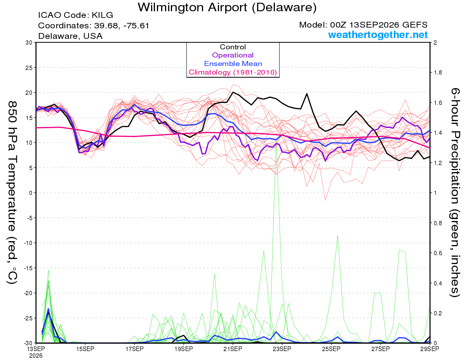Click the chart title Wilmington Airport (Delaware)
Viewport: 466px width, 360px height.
(227, 7)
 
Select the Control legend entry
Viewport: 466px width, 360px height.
(233, 47)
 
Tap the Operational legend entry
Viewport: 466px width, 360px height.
(233, 55)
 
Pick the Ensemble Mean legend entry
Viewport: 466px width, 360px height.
(233, 64)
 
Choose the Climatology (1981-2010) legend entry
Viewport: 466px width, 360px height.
(233, 72)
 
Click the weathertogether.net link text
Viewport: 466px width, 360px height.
(378, 35)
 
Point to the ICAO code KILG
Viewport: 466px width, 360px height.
(102, 15)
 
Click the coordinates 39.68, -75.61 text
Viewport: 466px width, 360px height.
(122, 26)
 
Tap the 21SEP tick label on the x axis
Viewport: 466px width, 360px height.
(233, 349)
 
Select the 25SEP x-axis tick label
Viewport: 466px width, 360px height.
(331, 349)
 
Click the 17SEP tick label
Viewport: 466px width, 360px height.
(134, 349)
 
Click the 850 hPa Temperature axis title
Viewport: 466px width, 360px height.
(12, 193)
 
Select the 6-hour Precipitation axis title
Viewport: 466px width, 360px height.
(455, 192)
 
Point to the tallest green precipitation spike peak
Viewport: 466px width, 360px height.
(276, 145)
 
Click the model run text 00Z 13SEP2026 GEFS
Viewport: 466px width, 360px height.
(379, 25)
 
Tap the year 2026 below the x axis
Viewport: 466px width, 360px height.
(36, 356)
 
